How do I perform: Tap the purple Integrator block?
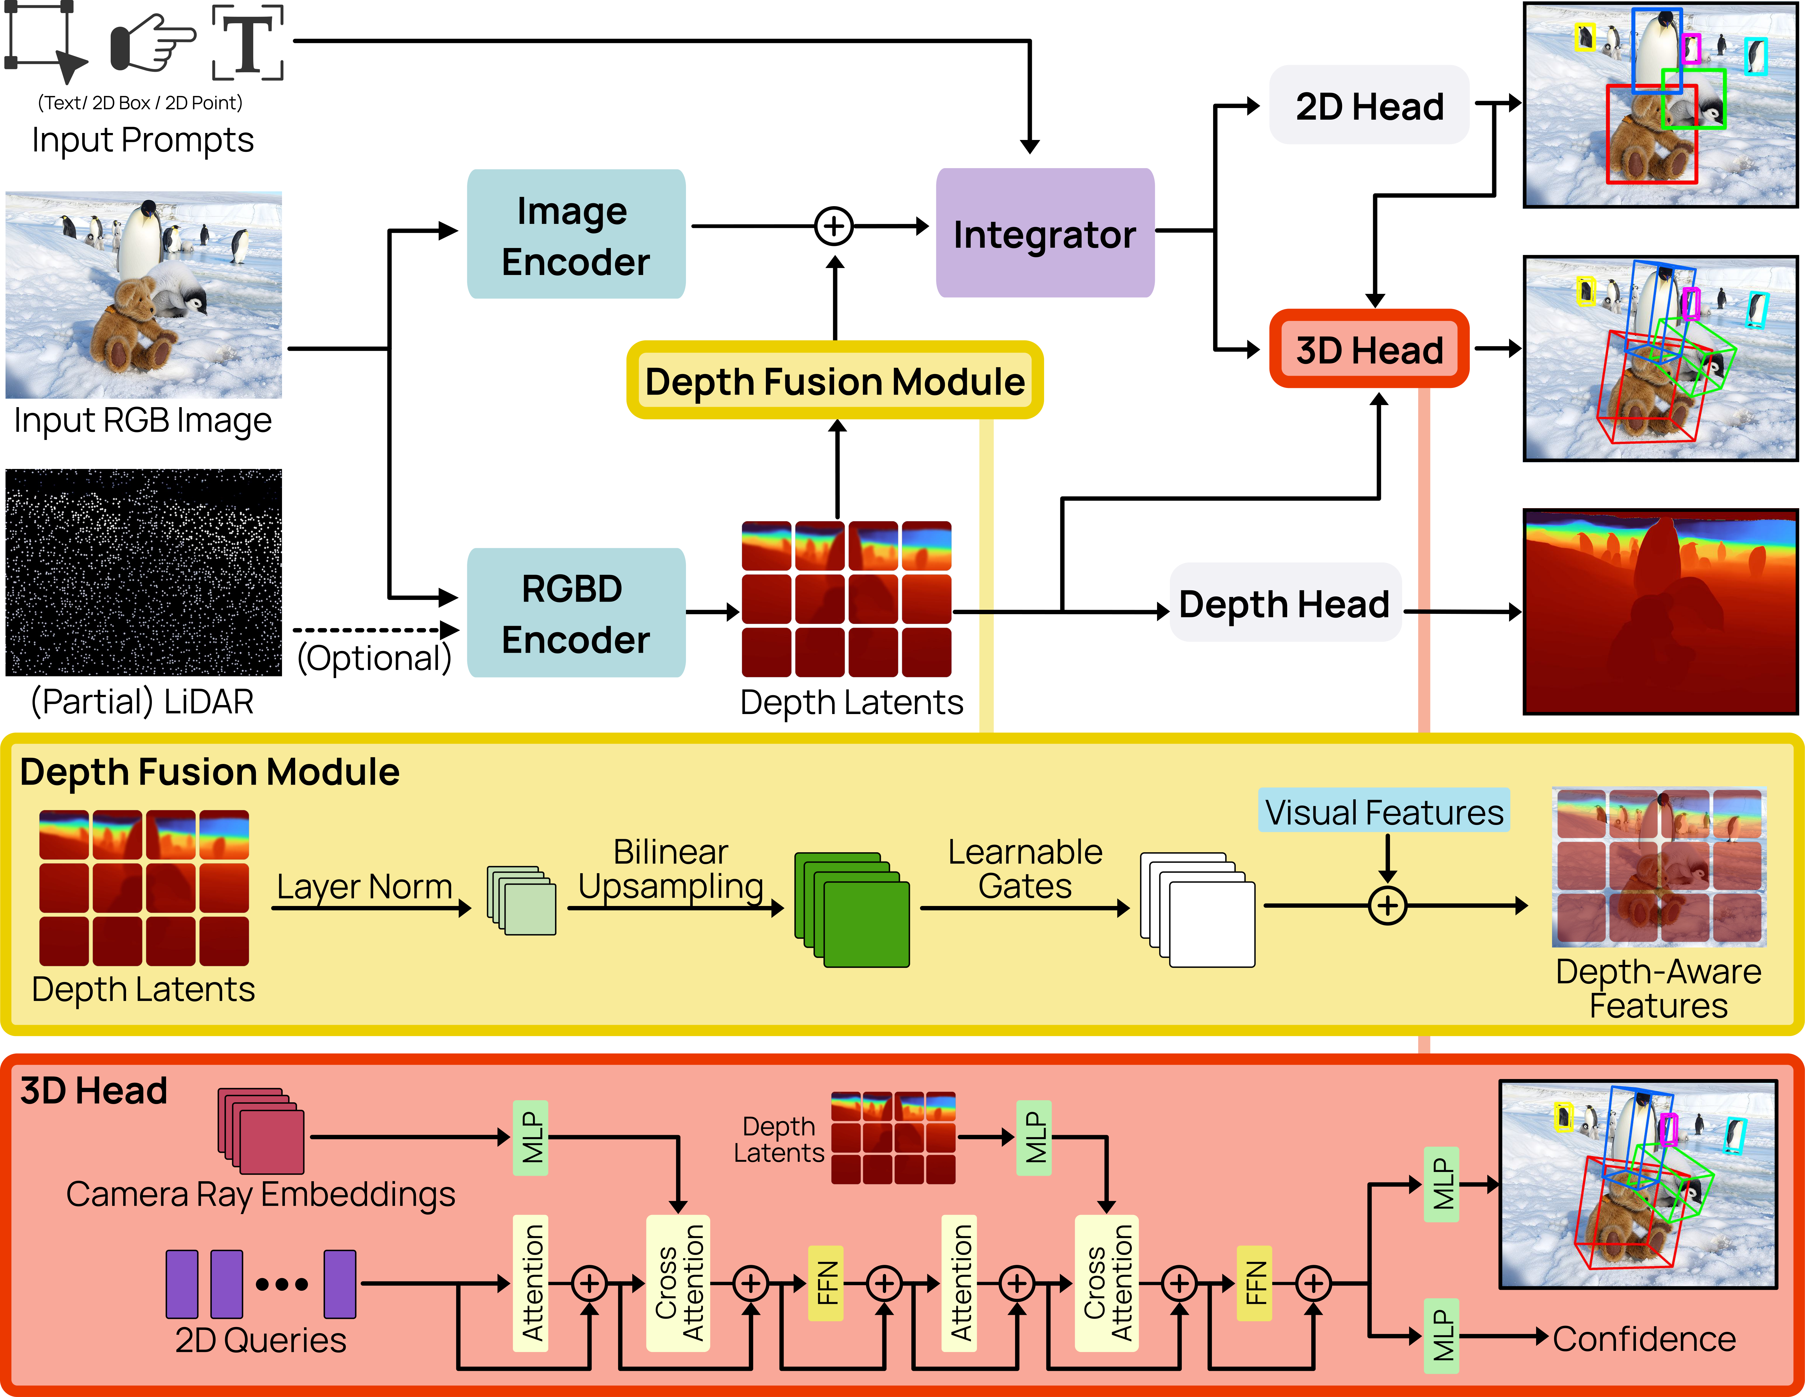[1045, 234]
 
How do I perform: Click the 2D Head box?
[1368, 106]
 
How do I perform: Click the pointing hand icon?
[151, 43]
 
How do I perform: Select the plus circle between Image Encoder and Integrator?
[834, 226]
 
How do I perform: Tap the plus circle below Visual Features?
[1388, 905]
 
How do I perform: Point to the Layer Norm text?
[364, 887]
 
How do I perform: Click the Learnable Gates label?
[1025, 869]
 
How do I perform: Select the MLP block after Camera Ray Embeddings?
[531, 1138]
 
